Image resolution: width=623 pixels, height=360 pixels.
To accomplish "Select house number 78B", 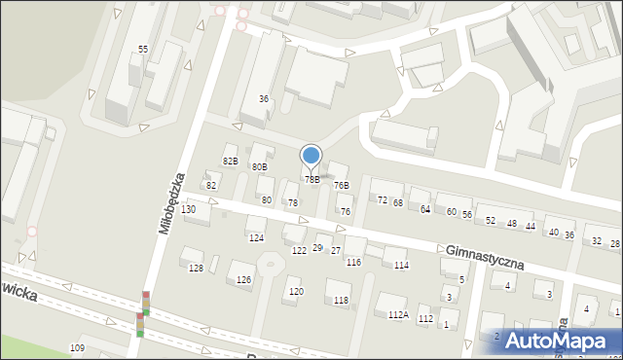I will (312, 180).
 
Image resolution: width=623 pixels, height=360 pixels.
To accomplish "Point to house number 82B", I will (230, 161).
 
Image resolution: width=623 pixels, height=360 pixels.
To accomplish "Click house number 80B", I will (259, 167).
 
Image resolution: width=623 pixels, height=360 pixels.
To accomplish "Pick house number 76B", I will (341, 185).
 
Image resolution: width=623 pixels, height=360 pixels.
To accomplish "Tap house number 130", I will (189, 209).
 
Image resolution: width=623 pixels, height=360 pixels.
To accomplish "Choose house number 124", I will (256, 237).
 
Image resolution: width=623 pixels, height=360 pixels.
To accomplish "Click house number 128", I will (196, 268).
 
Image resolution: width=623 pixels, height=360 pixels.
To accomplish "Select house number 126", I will (243, 280).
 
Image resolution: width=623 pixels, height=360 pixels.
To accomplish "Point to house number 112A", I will (397, 315).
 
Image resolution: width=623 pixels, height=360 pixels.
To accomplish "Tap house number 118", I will (341, 301).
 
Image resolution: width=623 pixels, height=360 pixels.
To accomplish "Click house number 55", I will (143, 49).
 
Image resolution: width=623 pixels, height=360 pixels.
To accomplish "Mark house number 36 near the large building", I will (263, 99).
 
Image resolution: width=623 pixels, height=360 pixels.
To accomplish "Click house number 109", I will (78, 348).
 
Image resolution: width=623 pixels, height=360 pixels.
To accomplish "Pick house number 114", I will (401, 266).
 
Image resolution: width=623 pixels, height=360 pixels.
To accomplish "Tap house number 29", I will (317, 249).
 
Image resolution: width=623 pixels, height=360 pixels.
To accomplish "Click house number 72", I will (383, 200).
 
